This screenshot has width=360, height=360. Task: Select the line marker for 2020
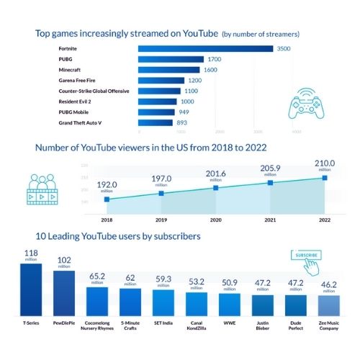click(215, 188)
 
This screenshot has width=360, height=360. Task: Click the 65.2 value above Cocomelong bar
click(97, 276)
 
